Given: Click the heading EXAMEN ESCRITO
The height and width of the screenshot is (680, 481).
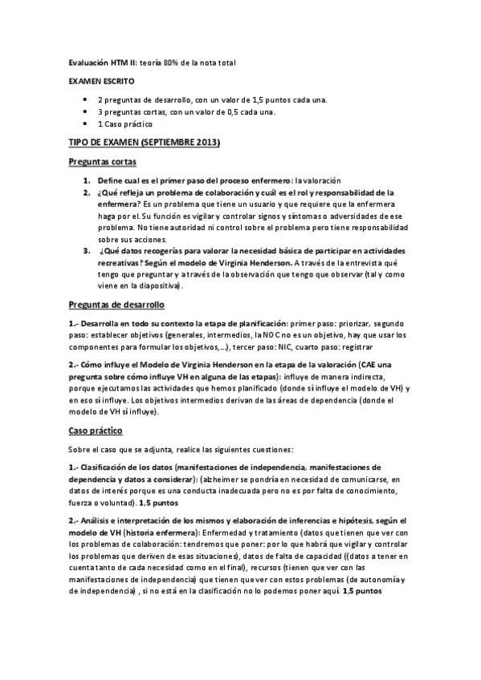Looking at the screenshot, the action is [x=101, y=81].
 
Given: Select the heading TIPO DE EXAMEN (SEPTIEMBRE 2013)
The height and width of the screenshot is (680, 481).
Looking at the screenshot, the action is [x=143, y=142].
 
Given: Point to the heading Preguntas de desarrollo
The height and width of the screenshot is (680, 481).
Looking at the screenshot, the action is [x=116, y=305].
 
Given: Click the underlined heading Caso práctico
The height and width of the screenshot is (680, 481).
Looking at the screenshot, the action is [x=95, y=430].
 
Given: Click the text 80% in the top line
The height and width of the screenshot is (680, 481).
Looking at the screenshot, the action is [x=172, y=62].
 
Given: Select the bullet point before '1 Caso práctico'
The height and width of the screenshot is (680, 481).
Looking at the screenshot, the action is [x=85, y=124].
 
